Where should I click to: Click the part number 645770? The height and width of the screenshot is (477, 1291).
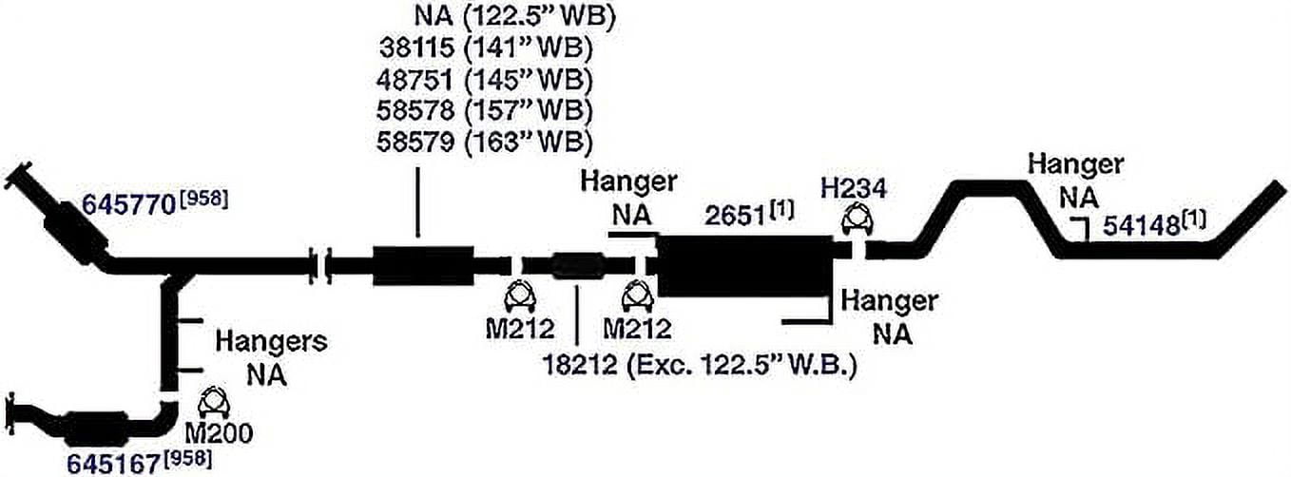129,204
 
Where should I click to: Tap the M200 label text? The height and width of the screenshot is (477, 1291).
219,433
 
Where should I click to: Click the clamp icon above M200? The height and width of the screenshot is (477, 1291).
213,403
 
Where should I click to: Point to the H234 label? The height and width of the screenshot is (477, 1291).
854,189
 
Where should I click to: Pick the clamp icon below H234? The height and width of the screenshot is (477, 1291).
857,219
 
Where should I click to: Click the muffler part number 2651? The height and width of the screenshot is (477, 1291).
735,216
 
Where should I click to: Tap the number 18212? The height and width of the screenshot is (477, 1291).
580,365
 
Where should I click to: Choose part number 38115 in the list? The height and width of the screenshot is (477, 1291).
416,48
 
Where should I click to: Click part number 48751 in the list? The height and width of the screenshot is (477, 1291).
414,80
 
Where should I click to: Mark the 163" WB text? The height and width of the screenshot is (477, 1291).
528,142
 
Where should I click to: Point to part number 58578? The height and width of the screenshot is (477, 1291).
415,110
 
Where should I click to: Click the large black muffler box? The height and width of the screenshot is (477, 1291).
745,265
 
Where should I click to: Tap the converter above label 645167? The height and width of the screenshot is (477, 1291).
98,429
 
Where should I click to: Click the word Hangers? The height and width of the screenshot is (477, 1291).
271,342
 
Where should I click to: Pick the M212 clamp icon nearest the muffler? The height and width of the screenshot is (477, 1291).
637,297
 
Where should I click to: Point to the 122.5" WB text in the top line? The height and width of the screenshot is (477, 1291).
539,16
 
